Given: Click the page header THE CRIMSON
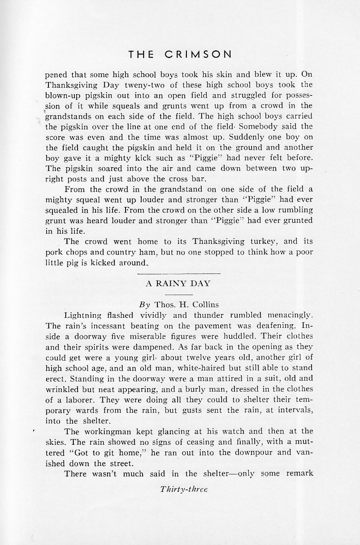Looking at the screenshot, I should click(x=180, y=54).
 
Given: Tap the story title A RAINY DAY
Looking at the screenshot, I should click(x=178, y=284).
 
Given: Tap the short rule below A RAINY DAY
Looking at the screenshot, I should click(x=178, y=294).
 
